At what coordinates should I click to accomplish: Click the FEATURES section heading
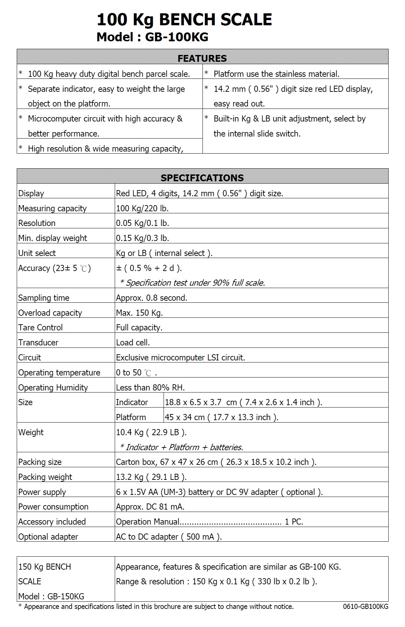(x=202, y=58)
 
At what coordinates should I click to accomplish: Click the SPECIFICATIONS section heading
(x=202, y=178)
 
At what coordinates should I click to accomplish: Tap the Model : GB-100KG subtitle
(x=152, y=37)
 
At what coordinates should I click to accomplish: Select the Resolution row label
(x=37, y=223)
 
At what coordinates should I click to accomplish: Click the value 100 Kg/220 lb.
(x=142, y=208)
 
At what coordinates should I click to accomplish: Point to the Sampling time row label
(x=44, y=298)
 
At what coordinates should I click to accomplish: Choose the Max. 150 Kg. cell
(x=139, y=313)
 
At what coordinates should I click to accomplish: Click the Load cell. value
(x=133, y=343)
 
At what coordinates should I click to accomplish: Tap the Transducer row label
(x=38, y=343)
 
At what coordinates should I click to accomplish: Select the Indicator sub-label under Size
(x=132, y=402)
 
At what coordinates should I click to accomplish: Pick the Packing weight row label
(x=45, y=477)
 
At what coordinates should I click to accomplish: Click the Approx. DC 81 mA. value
(x=150, y=507)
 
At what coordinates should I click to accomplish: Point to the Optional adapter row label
(x=48, y=537)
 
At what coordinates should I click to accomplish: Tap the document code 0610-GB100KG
(x=365, y=607)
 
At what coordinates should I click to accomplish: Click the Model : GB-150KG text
(x=51, y=596)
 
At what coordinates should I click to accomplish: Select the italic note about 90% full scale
(x=193, y=283)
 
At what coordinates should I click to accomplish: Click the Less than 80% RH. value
(x=150, y=388)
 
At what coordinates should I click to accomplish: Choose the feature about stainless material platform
(x=276, y=74)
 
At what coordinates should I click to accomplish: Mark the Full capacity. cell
(x=139, y=328)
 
